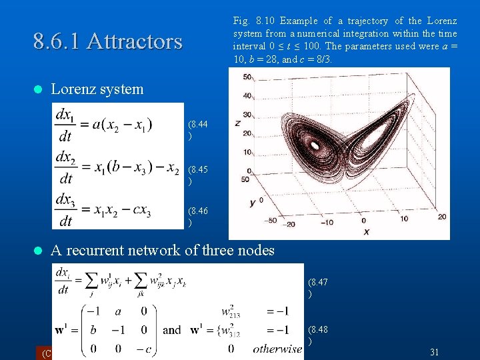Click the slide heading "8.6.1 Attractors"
coord(107,41)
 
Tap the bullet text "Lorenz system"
coord(97,89)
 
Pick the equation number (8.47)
coord(317,288)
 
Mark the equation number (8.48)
coord(317,335)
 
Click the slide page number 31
coord(435,351)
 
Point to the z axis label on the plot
coord(237,123)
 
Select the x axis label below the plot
coord(366,231)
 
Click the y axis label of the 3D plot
coord(253,202)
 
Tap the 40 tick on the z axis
coord(247,95)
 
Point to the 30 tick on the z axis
coord(247,114)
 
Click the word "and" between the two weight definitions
coord(172,329)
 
